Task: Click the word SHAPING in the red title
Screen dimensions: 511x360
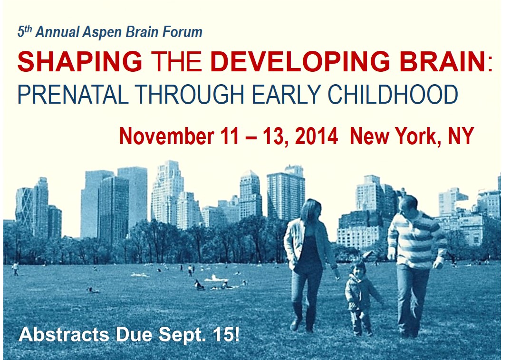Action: pyautogui.click(x=80, y=61)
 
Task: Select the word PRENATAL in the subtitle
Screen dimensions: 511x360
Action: pyautogui.click(x=73, y=95)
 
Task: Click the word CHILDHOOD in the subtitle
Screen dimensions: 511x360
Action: pyautogui.click(x=393, y=95)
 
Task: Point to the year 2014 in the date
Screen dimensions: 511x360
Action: pyautogui.click(x=316, y=136)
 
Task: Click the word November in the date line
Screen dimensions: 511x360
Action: pyautogui.click(x=166, y=136)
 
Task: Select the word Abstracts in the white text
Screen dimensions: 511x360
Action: pyautogui.click(x=64, y=334)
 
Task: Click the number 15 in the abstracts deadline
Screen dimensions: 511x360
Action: pyautogui.click(x=222, y=334)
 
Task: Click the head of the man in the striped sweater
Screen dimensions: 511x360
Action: pyautogui.click(x=408, y=204)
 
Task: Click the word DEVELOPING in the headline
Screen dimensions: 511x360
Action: pyautogui.click(x=300, y=61)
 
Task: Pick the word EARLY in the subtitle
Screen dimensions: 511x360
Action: pyautogui.click(x=287, y=95)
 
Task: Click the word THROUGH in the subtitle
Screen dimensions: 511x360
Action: pyautogui.click(x=190, y=95)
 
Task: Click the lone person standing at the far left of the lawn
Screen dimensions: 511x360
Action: pyautogui.click(x=15, y=269)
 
